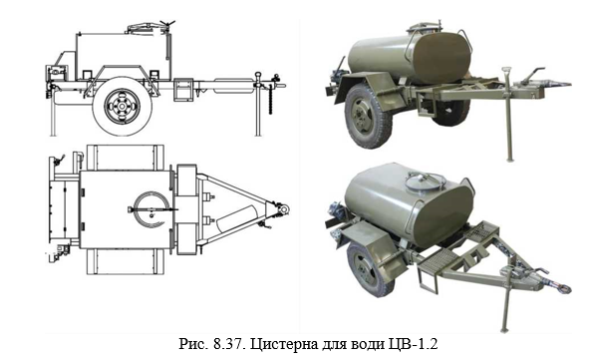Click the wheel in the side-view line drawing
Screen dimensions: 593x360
pyautogui.click(x=123, y=107)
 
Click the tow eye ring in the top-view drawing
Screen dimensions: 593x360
pyautogui.click(x=283, y=209)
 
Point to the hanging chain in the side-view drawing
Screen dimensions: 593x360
pyautogui.click(x=270, y=99)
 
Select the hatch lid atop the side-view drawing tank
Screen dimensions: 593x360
pyautogui.click(x=148, y=28)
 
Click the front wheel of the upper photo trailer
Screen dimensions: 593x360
pyautogui.click(x=363, y=115)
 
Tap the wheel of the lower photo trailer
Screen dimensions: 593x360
pyautogui.click(x=366, y=269)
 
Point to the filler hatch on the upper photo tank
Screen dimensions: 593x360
pyautogui.click(x=423, y=28)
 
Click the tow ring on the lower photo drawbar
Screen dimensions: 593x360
pyautogui.click(x=565, y=289)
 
